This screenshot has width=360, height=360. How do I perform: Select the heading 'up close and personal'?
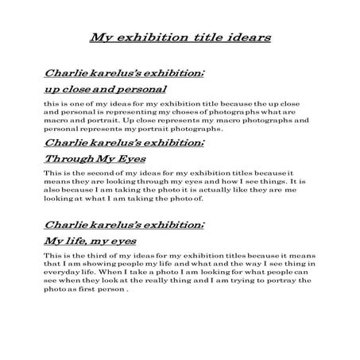[x=104, y=89]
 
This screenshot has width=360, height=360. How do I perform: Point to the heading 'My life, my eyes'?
[x=91, y=239]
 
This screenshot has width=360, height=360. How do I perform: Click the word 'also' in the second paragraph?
[x=52, y=191]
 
